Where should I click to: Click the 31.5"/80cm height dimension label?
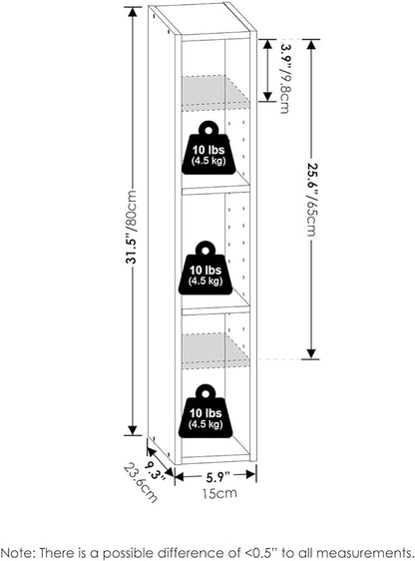[x=132, y=227]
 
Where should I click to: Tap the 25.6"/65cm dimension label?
[x=311, y=200]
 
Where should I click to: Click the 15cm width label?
[x=219, y=493]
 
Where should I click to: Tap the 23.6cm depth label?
[x=140, y=483]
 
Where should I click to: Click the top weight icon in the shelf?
[x=208, y=148]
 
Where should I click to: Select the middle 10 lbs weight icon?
[x=206, y=268]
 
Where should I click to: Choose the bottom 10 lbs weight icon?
[x=206, y=411]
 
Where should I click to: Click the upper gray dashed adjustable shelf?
[x=215, y=92]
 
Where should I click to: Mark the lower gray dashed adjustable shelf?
[x=215, y=350]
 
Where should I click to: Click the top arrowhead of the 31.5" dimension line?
[x=133, y=12]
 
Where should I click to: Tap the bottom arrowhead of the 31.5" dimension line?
[x=133, y=431]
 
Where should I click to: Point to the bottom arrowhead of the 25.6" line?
[x=311, y=353]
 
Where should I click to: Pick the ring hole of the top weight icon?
[x=208, y=130]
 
